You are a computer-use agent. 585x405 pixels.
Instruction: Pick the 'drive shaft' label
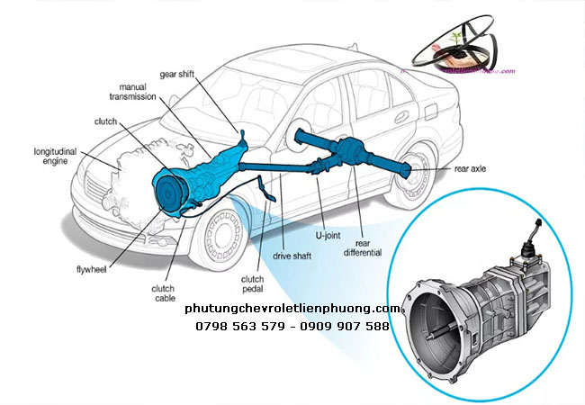291,256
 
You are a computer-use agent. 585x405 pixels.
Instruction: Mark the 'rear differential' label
363,247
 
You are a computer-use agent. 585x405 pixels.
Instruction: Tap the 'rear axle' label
471,168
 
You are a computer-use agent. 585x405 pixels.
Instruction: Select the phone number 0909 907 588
346,326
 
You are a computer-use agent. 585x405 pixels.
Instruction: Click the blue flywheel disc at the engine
167,192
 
